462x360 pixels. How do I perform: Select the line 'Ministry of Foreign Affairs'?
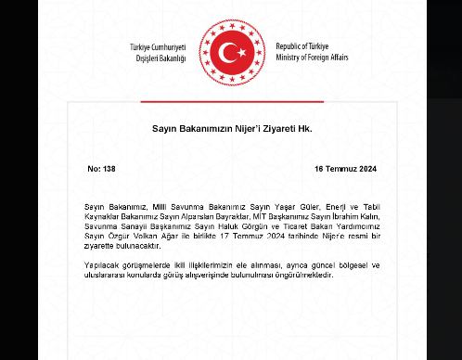pyautogui.click(x=324, y=57)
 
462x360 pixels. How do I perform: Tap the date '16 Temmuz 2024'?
pyautogui.click(x=346, y=169)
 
